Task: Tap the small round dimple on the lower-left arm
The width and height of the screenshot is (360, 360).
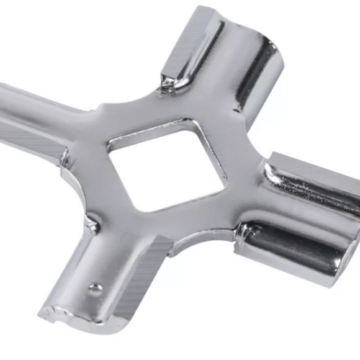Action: click(95, 288)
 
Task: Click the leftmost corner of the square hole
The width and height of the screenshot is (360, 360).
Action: click(108, 146)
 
